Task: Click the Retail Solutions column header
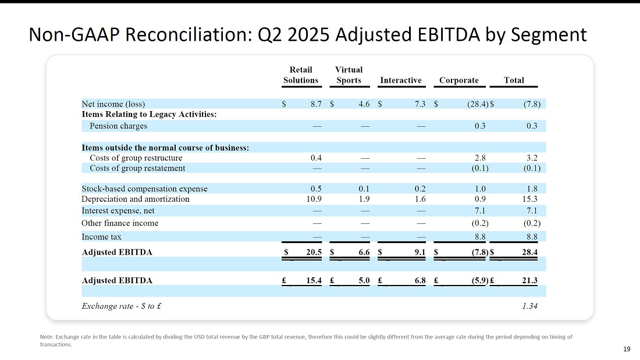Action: [301, 75]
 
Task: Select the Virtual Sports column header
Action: [349, 75]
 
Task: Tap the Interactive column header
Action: [401, 80]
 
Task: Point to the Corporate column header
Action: [459, 80]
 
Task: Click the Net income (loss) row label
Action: [113, 104]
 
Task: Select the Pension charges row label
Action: [118, 126]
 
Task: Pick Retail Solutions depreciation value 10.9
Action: [314, 199]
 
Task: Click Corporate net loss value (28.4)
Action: [478, 104]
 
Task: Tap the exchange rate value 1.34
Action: [530, 306]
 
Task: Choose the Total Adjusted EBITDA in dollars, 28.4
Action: [530, 252]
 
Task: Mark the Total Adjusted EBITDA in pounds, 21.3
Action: [530, 280]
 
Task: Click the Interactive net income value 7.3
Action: [420, 104]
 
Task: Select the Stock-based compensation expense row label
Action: [144, 189]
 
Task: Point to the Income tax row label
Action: [101, 237]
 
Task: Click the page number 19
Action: [627, 349]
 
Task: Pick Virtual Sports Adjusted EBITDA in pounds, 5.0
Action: [364, 280]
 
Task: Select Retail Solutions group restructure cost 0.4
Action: [316, 158]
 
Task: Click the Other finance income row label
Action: [120, 223]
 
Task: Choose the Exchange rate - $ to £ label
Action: [121, 306]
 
